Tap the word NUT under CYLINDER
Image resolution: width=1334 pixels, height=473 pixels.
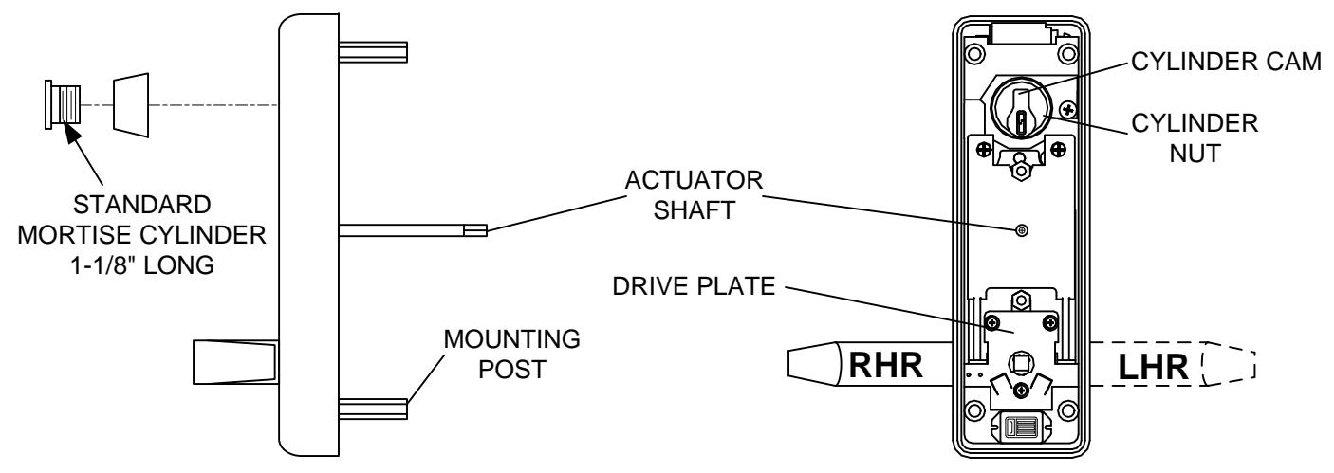point(1195,154)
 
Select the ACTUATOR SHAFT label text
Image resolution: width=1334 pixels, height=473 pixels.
point(694,195)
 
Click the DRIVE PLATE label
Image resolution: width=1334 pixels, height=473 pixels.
point(694,286)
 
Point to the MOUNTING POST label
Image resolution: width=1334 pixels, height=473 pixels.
point(512,354)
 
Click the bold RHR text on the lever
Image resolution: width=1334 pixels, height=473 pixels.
point(885,365)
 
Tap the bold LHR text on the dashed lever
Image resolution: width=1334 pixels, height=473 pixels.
point(1153,367)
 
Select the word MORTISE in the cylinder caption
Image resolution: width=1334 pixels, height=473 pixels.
point(78,235)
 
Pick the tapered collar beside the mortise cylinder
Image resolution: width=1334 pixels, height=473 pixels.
point(131,105)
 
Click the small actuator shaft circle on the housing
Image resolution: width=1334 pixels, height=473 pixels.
point(1021,230)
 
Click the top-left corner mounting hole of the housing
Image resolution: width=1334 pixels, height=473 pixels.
point(974,54)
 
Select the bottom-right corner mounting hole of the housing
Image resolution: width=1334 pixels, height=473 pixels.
point(1067,409)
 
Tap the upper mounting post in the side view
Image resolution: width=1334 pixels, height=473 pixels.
point(374,52)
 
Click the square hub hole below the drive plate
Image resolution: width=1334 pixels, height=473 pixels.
point(1021,361)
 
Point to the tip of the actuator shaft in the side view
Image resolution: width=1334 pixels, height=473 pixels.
point(486,230)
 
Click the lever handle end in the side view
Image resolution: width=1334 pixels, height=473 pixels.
point(235,362)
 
